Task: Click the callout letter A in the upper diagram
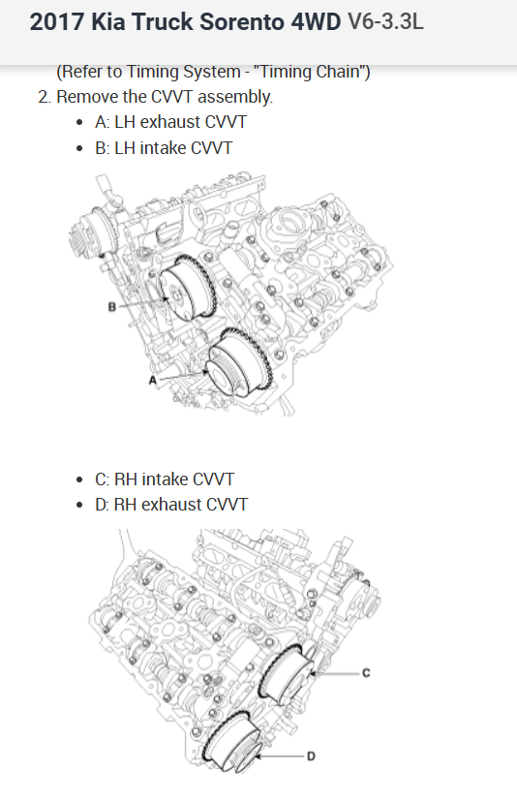click(x=152, y=380)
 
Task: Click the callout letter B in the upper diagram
click(x=112, y=307)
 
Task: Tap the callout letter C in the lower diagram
click(x=366, y=672)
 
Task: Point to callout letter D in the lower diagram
click(x=311, y=757)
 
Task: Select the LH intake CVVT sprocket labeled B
click(x=188, y=290)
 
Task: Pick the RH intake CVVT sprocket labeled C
click(x=287, y=672)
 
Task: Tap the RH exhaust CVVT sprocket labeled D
click(x=231, y=741)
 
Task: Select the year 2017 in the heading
click(x=57, y=22)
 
